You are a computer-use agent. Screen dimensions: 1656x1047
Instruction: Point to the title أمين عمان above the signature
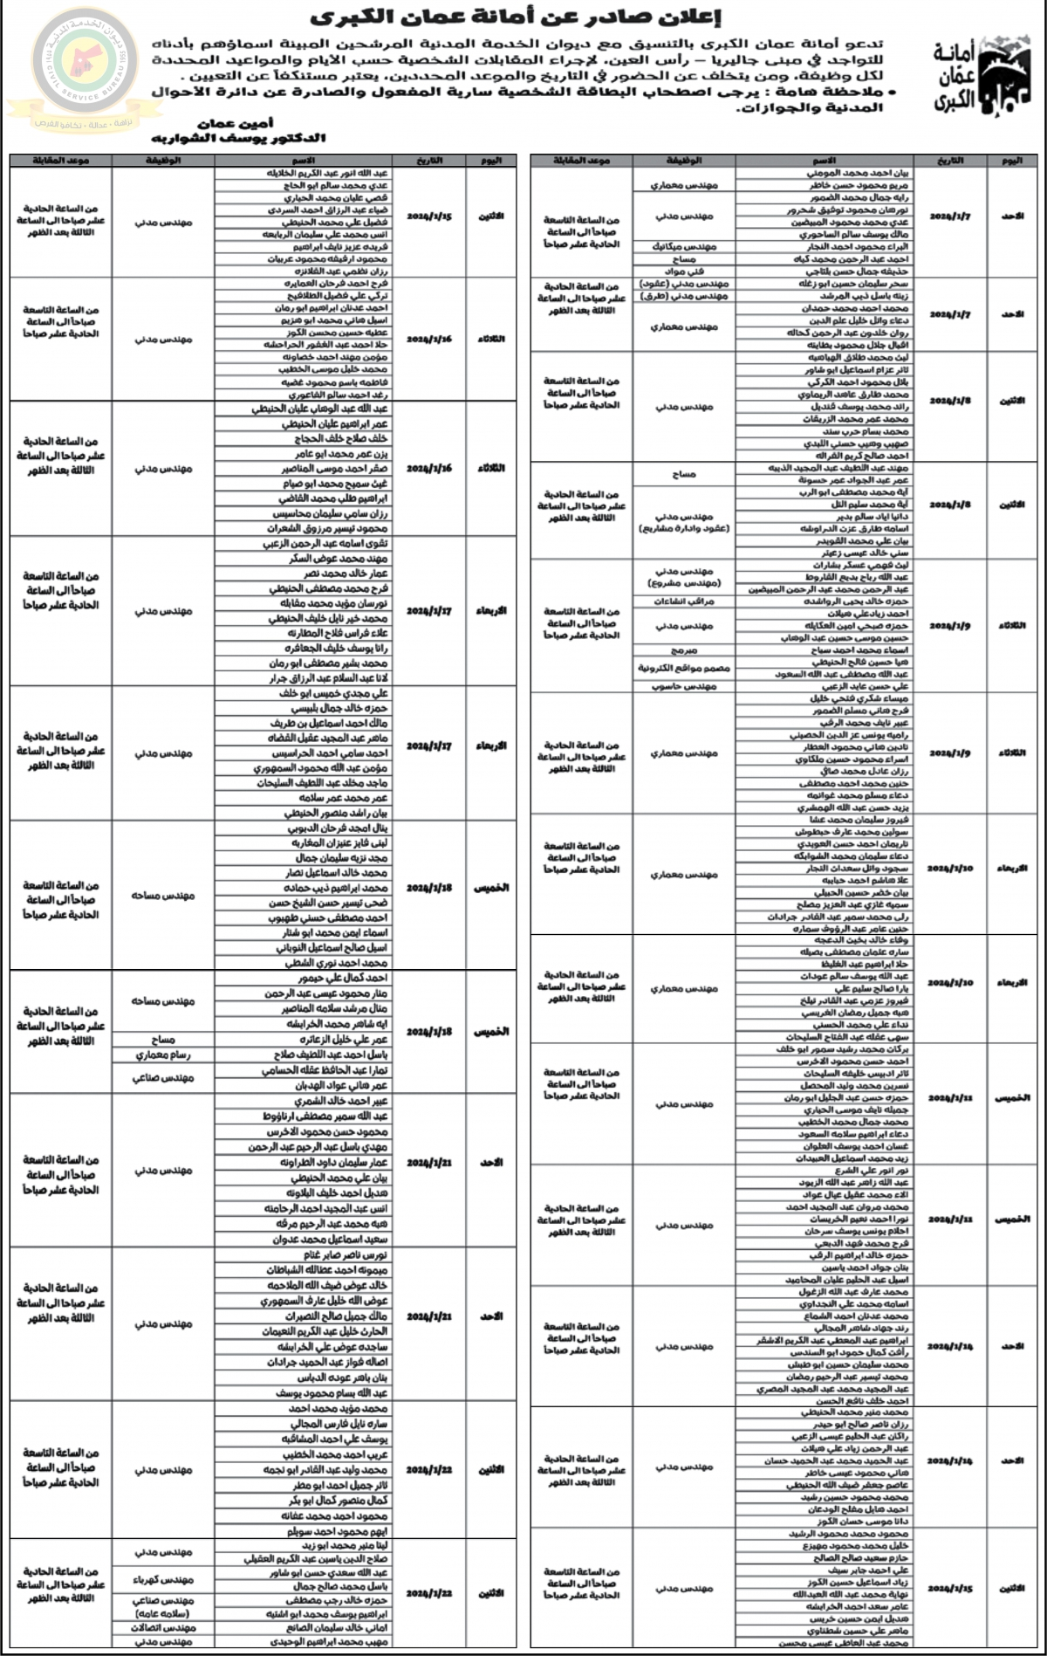click(236, 124)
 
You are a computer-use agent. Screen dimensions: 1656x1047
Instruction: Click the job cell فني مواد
click(684, 271)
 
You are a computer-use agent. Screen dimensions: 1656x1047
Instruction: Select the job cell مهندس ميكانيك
click(684, 247)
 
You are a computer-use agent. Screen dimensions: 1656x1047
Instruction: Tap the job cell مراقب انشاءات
click(684, 601)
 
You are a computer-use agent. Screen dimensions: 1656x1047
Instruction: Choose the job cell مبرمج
click(684, 650)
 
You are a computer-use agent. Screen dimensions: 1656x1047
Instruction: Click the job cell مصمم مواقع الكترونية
click(684, 669)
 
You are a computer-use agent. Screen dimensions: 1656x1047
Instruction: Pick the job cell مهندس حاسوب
click(684, 687)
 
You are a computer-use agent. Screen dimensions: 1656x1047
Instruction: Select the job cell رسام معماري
click(163, 1055)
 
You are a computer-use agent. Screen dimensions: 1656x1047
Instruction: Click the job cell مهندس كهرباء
click(163, 1580)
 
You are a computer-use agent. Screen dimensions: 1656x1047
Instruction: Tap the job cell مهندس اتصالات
click(163, 1628)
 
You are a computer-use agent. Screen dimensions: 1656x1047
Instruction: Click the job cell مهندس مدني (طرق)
click(684, 297)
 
